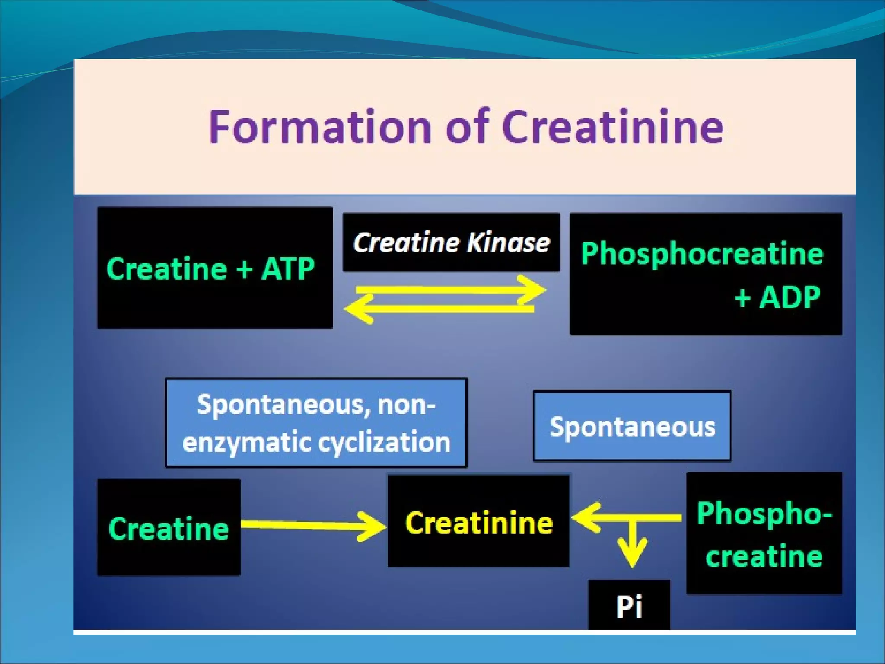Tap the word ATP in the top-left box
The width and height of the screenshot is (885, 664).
(288, 269)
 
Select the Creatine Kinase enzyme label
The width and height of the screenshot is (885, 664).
(451, 243)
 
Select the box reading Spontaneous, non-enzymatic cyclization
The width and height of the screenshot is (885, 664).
(316, 423)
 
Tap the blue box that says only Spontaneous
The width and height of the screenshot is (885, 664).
(632, 427)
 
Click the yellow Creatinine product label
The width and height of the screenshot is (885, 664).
(479, 523)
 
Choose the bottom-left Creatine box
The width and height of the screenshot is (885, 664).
(169, 528)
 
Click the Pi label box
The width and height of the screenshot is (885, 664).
(629, 606)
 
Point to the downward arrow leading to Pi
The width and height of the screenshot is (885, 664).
(632, 545)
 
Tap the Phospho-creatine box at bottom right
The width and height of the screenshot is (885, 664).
(764, 534)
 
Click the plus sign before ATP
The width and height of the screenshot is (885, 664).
(244, 269)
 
